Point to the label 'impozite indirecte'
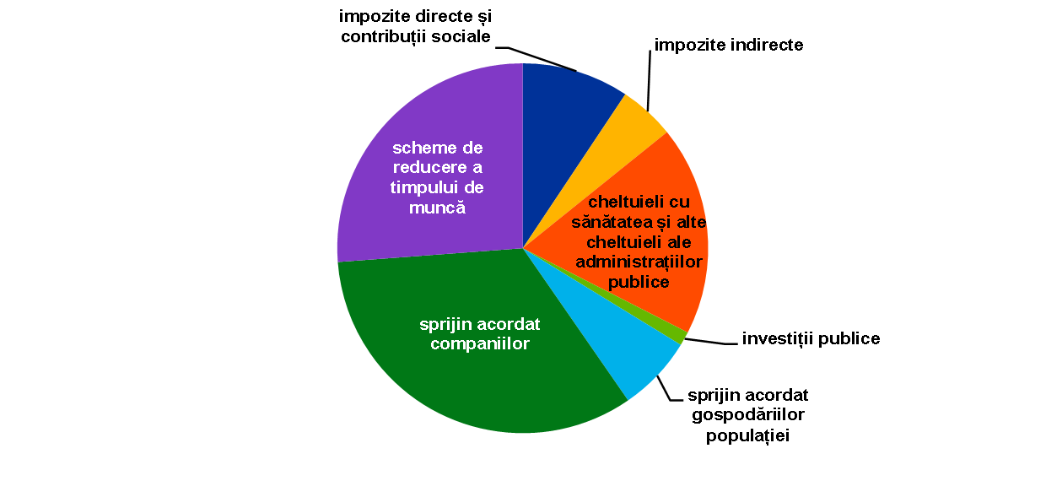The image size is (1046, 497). [x=729, y=45]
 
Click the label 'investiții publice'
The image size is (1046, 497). [x=811, y=338]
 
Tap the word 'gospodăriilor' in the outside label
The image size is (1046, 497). [x=748, y=415]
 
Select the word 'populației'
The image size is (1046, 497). [x=747, y=435]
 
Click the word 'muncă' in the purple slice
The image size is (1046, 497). [x=437, y=207]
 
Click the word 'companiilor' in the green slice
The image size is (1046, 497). [x=480, y=343]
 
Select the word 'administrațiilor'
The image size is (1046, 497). [x=639, y=262]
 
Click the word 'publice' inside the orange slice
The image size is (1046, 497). [x=639, y=282]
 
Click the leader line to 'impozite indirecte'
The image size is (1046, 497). [x=649, y=80]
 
